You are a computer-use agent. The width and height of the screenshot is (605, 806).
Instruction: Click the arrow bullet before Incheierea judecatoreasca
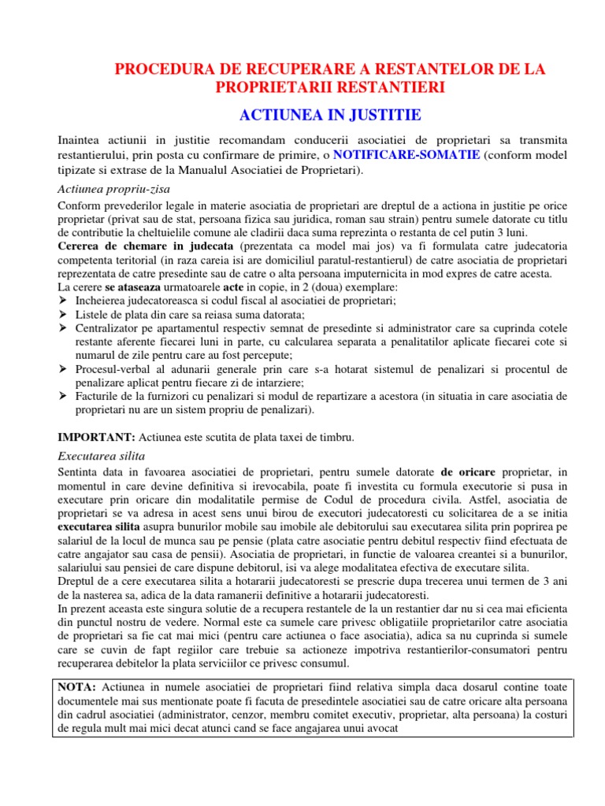[x=64, y=301]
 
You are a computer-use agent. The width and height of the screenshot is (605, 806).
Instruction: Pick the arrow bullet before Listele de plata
[x=64, y=315]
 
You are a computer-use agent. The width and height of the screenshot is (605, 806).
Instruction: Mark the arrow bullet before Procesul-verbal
[x=64, y=369]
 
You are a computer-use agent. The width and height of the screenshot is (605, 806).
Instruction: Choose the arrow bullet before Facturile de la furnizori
[x=64, y=397]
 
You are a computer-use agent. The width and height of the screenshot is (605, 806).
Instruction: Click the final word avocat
[x=381, y=729]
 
